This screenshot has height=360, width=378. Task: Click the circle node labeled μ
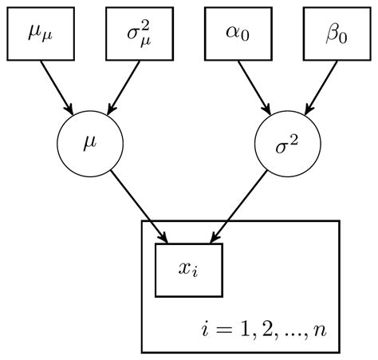point(89,144)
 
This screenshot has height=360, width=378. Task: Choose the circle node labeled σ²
point(286,144)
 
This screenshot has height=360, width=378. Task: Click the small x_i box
point(188,269)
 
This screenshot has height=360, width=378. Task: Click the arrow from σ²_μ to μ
point(120,86)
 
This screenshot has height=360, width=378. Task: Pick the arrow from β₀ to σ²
point(317,86)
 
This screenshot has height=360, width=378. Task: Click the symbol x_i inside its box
point(188,269)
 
